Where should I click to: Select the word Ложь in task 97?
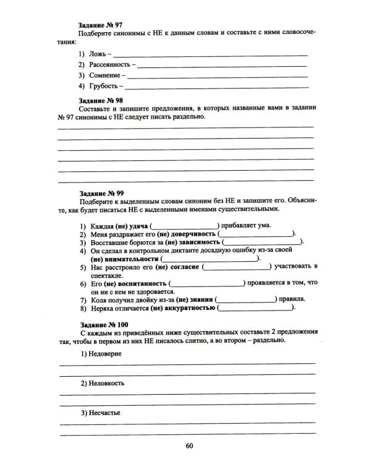pos(97,54)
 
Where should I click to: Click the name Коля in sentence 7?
pos(100,299)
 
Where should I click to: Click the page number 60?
pos(189,447)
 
